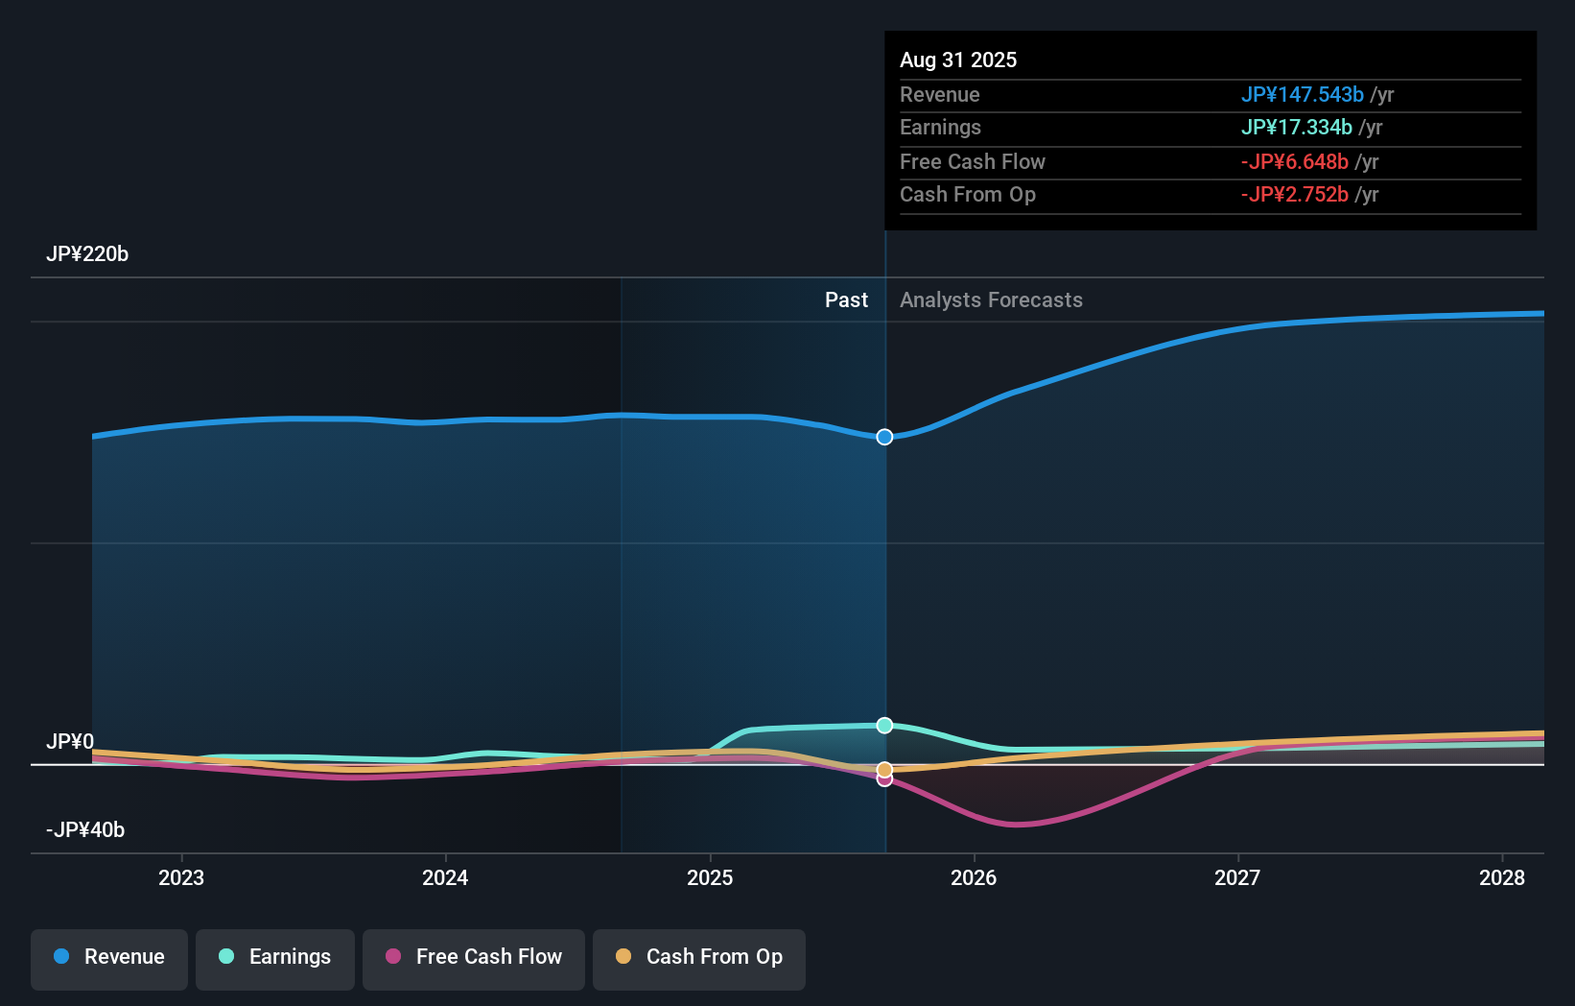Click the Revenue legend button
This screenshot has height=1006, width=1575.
[x=109, y=957]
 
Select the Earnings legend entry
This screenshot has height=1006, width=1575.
[x=275, y=957]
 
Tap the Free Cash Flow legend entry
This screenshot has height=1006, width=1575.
[x=474, y=957]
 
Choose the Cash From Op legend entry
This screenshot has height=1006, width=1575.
[x=699, y=957]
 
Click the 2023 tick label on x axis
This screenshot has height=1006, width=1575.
[x=181, y=877]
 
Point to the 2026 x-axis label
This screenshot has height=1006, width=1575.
[x=974, y=877]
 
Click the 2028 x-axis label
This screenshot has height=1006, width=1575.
[x=1501, y=877]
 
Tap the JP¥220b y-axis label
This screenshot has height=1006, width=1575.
[x=87, y=254]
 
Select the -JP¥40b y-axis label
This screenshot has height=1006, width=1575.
[x=85, y=830]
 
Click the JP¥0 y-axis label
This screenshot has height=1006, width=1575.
[x=70, y=742]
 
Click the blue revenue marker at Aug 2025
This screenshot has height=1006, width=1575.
[x=884, y=437]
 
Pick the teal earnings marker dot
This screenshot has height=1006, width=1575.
[x=884, y=725]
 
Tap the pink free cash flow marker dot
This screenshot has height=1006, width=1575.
[x=884, y=779]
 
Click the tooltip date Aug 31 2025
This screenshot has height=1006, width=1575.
[x=958, y=60]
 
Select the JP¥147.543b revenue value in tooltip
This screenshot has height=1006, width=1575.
[x=1302, y=94]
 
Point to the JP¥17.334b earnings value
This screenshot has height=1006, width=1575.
[x=1296, y=128]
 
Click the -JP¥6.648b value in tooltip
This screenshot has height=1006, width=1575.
[x=1294, y=161]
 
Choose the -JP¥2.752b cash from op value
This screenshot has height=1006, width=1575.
[x=1294, y=195]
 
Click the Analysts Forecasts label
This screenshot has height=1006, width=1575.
[x=991, y=300]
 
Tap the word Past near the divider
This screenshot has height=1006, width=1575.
[x=846, y=300]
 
